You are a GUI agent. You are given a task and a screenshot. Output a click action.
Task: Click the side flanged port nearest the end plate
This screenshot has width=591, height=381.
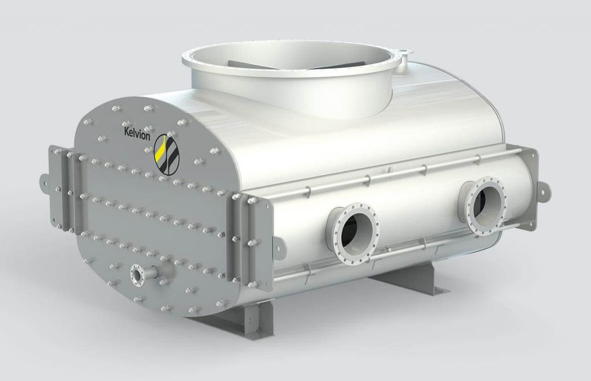(352, 230)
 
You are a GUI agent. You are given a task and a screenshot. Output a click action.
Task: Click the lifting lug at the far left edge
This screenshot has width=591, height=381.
(44, 178)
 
